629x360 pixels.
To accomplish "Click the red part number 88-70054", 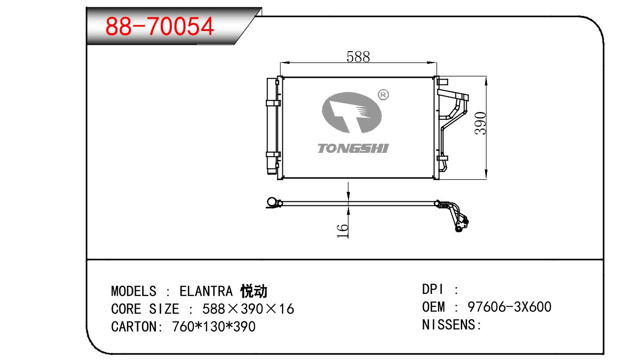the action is (x=160, y=27).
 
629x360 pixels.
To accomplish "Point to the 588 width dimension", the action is (x=358, y=57).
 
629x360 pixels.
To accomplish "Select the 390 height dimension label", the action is (x=480, y=124).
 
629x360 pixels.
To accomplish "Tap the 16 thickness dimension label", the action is (x=342, y=231).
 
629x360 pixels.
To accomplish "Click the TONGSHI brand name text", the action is (x=353, y=148).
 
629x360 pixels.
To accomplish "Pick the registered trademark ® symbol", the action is (x=384, y=95).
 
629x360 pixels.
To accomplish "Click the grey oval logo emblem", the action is (x=352, y=112).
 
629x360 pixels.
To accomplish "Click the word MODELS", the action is (x=134, y=291).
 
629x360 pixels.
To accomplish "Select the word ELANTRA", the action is (x=206, y=291).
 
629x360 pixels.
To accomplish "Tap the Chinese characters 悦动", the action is (x=254, y=291).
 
